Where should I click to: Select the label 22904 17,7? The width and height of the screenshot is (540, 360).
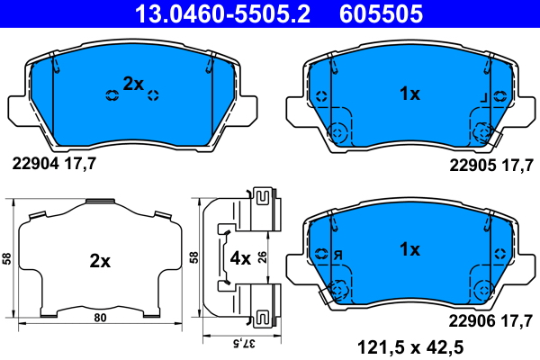pyautogui.click(x=53, y=163)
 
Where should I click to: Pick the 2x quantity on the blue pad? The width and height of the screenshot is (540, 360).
pyautogui.click(x=133, y=83)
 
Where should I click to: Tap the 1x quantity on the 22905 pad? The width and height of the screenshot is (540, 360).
pyautogui.click(x=409, y=93)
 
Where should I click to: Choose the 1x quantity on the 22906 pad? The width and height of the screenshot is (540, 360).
pyautogui.click(x=409, y=249)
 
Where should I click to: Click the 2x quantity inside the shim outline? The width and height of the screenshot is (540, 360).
pyautogui.click(x=99, y=262)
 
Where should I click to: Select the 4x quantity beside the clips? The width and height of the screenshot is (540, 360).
pyautogui.click(x=240, y=258)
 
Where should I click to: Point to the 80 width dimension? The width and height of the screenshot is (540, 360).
pyautogui.click(x=101, y=317)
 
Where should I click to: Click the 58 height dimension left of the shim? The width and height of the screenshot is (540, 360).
pyautogui.click(x=6, y=258)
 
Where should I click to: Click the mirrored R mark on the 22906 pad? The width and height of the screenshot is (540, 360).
pyautogui.click(x=337, y=255)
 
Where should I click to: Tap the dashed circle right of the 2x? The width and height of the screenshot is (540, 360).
pyautogui.click(x=153, y=94)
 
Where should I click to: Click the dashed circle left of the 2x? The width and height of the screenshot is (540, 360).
pyautogui.click(x=112, y=94)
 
